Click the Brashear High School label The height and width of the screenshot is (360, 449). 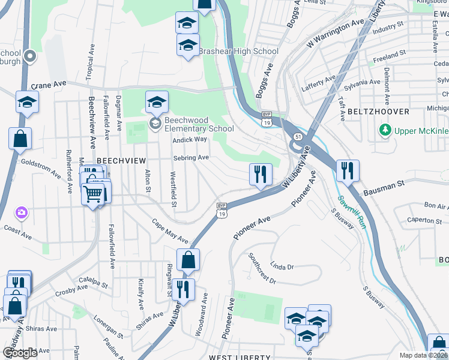point(239,52)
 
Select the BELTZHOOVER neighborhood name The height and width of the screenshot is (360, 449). point(378,112)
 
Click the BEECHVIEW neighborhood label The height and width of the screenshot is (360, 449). point(121,161)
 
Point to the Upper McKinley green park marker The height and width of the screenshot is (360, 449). point(384,130)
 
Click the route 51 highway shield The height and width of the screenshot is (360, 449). point(298,137)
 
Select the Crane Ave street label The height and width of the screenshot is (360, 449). point(47,85)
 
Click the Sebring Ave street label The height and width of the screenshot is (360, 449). point(191,157)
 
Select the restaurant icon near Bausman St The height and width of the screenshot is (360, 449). point(348,171)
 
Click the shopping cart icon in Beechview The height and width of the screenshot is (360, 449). point(93,194)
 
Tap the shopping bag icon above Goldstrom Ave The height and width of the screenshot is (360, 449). point(20,138)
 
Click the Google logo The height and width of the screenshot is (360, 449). point(20,353)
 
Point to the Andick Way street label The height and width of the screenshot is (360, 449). point(190,139)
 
